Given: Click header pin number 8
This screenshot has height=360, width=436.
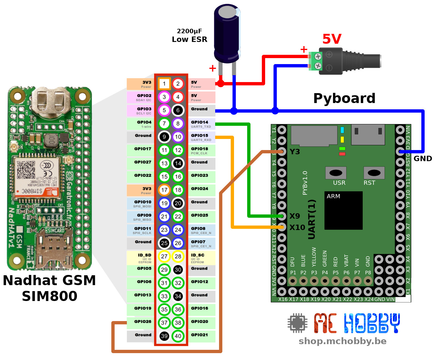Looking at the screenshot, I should [x=178, y=123].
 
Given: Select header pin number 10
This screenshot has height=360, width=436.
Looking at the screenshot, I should [x=178, y=137].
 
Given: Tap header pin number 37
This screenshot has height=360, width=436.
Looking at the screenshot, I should [x=164, y=323].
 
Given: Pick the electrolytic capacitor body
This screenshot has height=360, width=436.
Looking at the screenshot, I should [x=227, y=33].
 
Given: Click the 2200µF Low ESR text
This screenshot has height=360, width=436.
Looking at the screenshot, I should [x=189, y=35].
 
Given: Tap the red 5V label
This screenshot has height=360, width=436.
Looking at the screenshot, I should [x=332, y=39].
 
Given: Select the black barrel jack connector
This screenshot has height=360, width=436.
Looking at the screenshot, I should [x=350, y=61].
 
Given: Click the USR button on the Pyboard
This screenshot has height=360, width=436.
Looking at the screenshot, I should [x=336, y=173].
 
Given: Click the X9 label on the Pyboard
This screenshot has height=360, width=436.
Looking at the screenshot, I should [x=295, y=216].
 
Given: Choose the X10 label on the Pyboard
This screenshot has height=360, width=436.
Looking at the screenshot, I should [x=297, y=228].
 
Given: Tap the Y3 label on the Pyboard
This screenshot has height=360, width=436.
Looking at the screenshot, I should [x=295, y=152].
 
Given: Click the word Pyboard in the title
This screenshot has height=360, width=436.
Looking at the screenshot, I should [x=344, y=98].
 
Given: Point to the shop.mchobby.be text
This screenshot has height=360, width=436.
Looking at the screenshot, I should [x=342, y=341].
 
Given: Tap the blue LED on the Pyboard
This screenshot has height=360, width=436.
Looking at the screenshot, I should [x=342, y=130].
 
